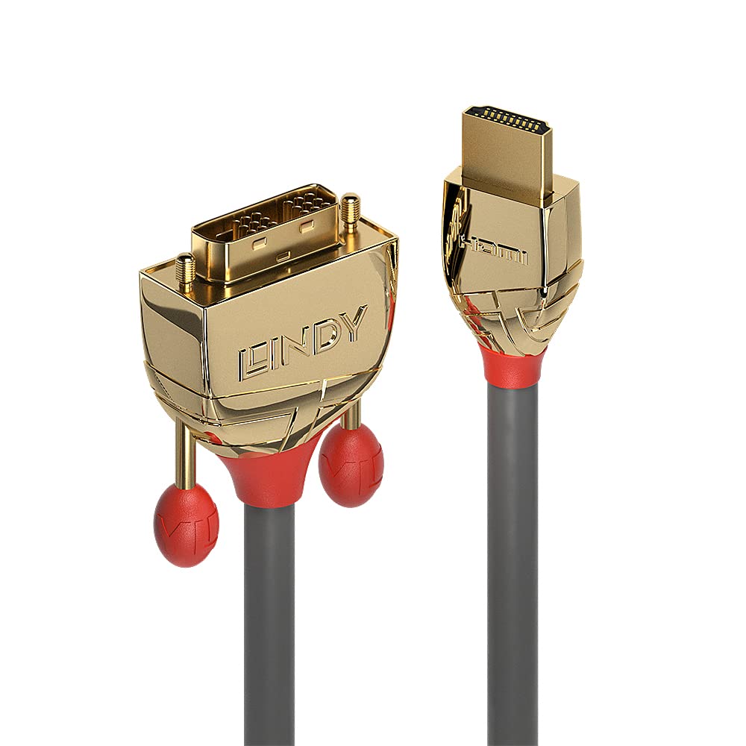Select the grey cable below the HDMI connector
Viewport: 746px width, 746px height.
coord(514,559)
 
